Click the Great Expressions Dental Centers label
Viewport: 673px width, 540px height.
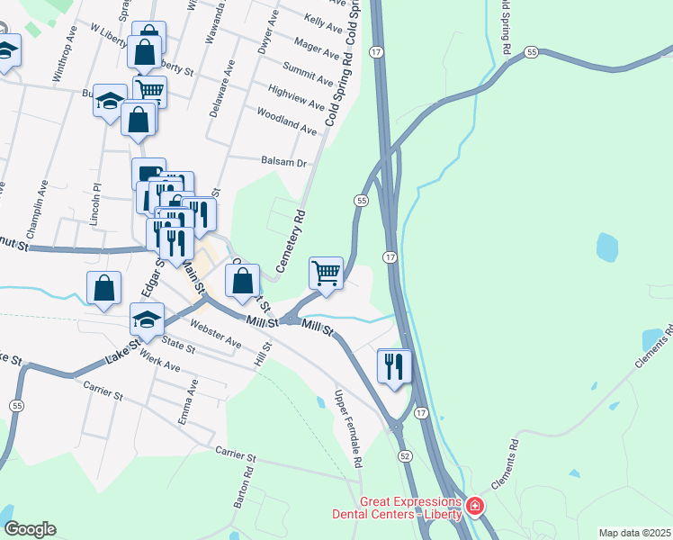click(410, 508)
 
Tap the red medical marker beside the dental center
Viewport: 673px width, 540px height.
click(474, 508)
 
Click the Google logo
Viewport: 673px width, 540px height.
click(30, 529)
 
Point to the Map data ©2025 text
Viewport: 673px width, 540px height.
click(634, 533)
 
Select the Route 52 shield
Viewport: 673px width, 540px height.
click(407, 456)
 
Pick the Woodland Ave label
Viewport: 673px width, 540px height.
click(287, 121)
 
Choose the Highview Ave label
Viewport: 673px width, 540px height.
click(296, 98)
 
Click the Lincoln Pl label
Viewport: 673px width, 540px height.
click(97, 206)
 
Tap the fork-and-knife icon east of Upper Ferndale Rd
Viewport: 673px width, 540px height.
click(395, 365)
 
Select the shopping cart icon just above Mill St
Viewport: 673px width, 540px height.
click(326, 271)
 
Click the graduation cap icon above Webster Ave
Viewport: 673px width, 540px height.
click(148, 318)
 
